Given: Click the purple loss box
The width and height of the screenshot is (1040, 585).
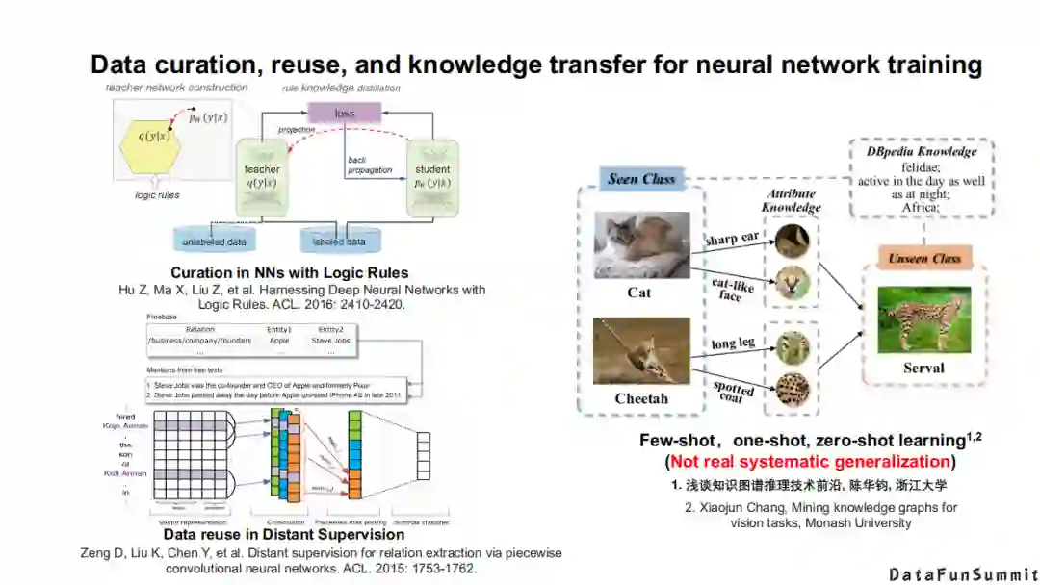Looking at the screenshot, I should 344,113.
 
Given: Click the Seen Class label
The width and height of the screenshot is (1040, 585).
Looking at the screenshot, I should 641,179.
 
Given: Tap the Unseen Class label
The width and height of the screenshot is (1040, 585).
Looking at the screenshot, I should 924,259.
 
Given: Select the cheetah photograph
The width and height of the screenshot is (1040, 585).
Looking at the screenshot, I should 640,351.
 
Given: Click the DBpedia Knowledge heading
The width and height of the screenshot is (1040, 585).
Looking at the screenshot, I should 922,152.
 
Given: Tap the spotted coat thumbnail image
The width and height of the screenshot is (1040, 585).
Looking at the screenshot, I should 793,384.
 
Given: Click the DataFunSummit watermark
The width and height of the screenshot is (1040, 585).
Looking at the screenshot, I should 962,574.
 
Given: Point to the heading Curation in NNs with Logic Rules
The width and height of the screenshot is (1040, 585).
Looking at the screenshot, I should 290,272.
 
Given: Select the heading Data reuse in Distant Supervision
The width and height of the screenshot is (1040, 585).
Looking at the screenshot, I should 284,534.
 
